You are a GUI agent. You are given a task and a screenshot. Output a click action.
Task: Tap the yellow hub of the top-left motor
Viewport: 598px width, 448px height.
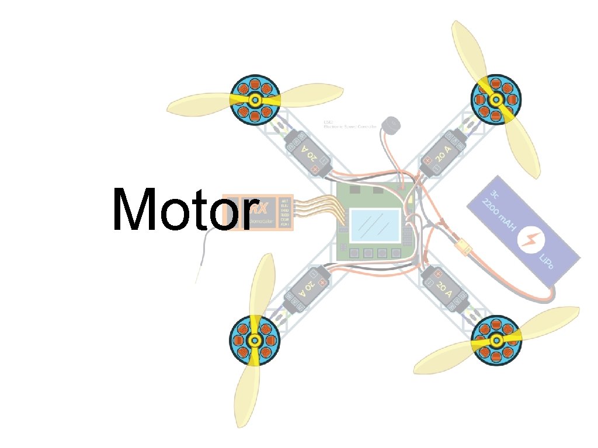[255, 101]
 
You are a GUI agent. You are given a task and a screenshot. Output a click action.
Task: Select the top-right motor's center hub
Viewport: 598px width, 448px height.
[496, 100]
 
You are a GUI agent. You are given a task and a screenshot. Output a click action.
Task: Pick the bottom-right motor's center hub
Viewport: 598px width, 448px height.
[496, 341]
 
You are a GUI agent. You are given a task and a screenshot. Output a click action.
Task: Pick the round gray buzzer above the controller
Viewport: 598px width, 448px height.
[389, 124]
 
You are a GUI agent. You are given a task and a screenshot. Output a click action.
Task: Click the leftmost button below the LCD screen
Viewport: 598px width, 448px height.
[354, 253]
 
